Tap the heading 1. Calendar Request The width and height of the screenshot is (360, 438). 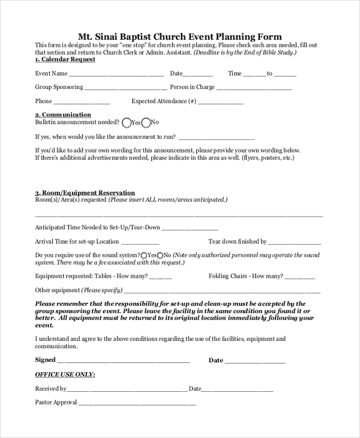tap(65, 59)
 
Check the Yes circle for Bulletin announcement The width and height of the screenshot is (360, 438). tap(126, 123)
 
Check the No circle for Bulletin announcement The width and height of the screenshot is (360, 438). tap(145, 123)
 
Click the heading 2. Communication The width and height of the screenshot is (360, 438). tap(63, 115)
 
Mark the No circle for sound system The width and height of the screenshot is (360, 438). tap(160, 255)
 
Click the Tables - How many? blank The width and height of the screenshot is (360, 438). tap(160, 278)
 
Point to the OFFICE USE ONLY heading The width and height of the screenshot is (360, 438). tap(65, 374)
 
